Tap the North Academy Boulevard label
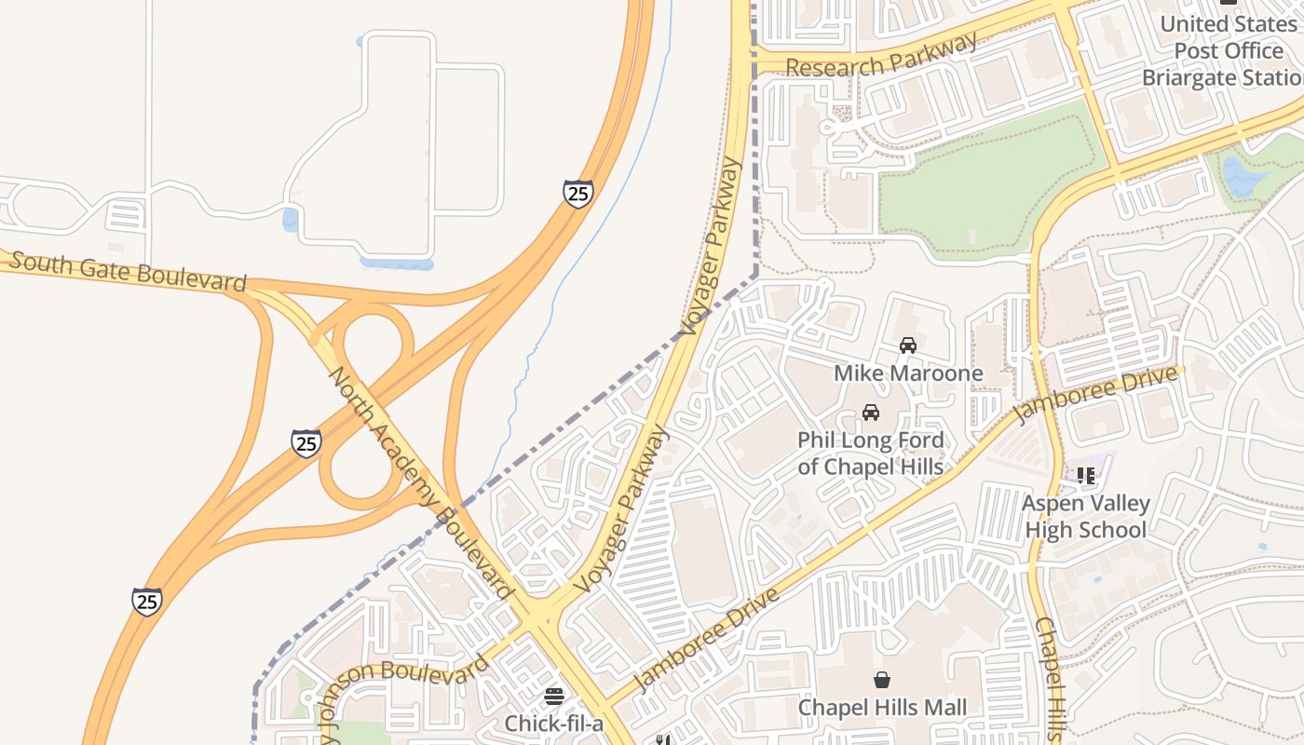[421, 483]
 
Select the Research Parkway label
[881, 56]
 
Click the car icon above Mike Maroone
[907, 345]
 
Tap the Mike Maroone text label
[908, 373]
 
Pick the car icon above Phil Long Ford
[871, 413]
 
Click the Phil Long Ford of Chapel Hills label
[871, 453]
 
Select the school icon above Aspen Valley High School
[1085, 476]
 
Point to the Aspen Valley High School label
[1085, 517]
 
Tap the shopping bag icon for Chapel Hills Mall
[881, 681]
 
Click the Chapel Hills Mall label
[882, 708]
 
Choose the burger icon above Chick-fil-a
[554, 697]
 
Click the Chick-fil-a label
[554, 724]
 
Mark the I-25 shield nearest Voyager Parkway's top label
[577, 194]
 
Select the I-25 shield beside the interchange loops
[306, 443]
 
